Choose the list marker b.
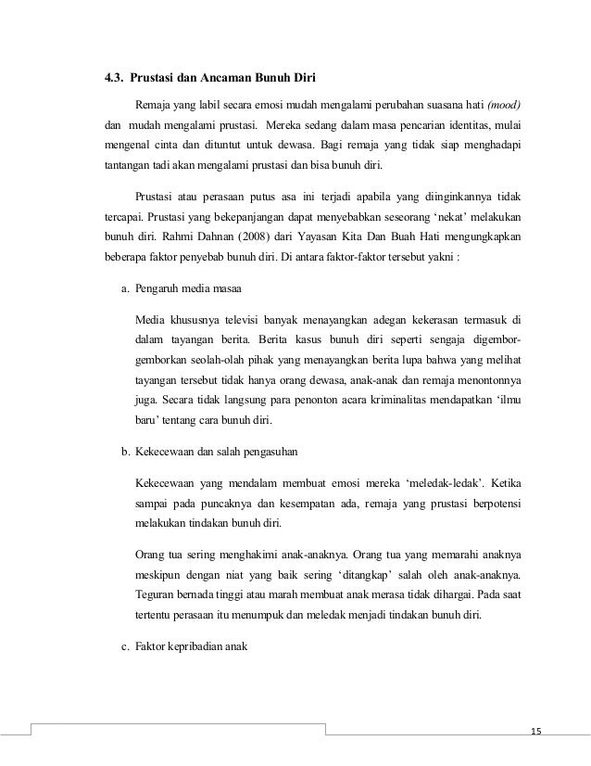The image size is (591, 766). (124, 452)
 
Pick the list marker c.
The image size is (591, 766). (124, 646)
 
